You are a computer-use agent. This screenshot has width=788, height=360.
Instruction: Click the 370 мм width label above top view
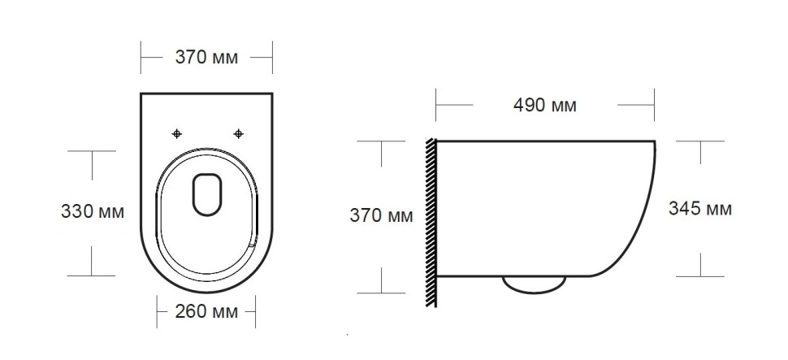pos(206,58)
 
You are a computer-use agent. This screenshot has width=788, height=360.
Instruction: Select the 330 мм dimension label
pos(93,212)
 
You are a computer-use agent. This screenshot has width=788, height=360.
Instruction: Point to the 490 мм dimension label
pos(545,105)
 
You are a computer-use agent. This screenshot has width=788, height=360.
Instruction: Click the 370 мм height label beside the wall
pos(381,216)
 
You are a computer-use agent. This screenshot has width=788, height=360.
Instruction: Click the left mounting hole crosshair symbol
pos(178,133)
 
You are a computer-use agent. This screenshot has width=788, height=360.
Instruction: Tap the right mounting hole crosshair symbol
pos(238,133)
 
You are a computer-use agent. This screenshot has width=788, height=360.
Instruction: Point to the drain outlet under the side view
pos(534,283)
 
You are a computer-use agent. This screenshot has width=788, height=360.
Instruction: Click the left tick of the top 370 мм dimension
pos(141,59)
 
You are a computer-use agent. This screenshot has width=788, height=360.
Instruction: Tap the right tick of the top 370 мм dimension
pos(271,59)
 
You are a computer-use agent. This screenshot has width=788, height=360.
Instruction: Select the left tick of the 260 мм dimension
pos(157,311)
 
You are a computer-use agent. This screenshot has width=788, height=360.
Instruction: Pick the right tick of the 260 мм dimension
pos(256,311)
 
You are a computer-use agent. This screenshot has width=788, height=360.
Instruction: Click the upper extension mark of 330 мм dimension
pos(92,152)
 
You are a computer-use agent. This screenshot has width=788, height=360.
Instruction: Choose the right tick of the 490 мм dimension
pos(654,105)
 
